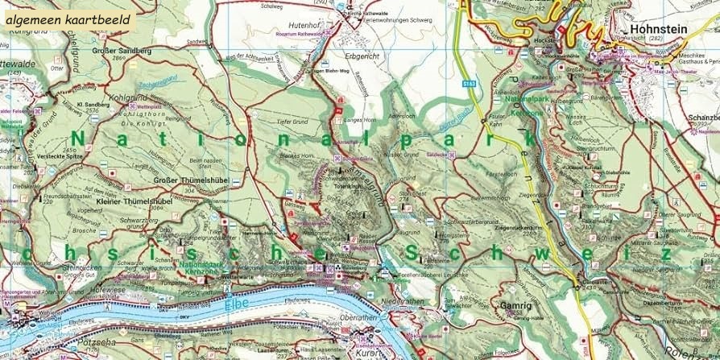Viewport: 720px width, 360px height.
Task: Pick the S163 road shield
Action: click(470, 82)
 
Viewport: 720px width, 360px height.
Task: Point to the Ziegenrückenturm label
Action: click(515, 229)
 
